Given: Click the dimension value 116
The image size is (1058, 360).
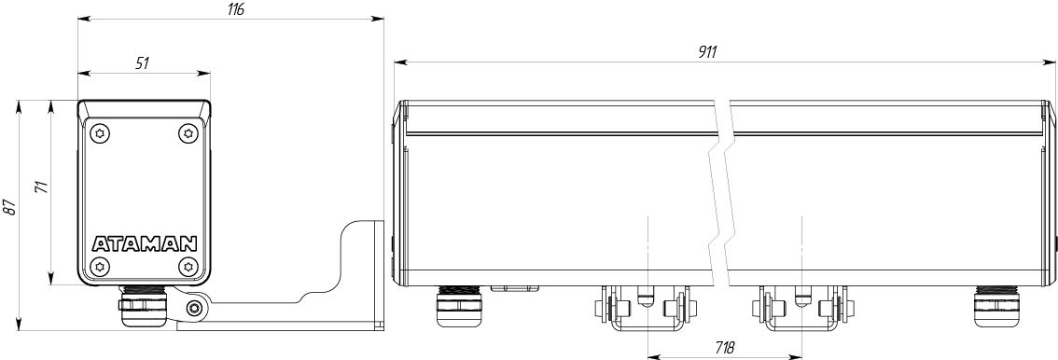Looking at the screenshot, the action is coord(234,9).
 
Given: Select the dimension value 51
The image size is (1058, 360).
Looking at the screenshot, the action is coord(142,63).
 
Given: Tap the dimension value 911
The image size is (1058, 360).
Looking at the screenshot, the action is coord(707,52).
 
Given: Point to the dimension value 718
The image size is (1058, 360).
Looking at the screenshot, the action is coord(724,347).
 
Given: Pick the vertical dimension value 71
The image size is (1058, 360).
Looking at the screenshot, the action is coord(42,187).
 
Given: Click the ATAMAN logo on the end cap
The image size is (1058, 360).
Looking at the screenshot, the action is coord(144,243).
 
